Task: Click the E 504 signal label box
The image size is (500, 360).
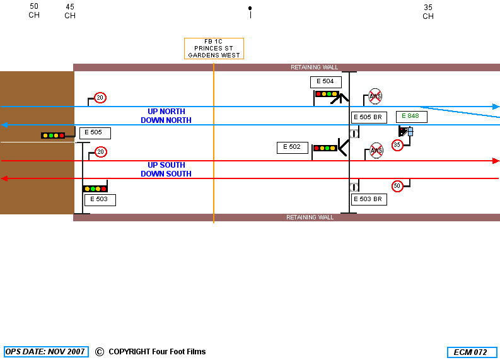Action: click(325, 82)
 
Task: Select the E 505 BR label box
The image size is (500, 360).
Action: click(369, 117)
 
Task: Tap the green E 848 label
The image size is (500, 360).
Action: click(411, 117)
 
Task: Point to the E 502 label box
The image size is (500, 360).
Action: click(293, 148)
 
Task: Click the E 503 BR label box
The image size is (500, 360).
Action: click(369, 199)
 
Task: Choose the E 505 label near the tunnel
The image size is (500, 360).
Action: click(95, 133)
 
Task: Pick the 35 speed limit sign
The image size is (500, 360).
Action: click(397, 145)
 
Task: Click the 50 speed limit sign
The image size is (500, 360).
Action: click(397, 186)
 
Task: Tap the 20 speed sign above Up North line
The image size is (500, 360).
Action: click(100, 98)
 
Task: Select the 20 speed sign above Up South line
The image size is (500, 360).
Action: click(101, 152)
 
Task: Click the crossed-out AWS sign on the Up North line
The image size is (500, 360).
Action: click(375, 96)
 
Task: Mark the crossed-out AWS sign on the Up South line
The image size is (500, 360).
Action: click(376, 150)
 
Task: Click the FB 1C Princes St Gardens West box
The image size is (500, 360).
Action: click(214, 49)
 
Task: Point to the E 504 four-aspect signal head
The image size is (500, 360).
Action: click(327, 94)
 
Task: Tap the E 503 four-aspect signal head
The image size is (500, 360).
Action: click(95, 189)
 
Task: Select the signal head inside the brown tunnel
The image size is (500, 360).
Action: click(53, 136)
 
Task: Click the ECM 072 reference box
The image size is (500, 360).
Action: click(472, 352)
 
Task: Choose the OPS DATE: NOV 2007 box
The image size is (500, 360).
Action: click(46, 352)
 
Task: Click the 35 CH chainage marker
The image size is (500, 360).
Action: click(428, 12)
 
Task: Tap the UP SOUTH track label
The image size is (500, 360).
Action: click(166, 165)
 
